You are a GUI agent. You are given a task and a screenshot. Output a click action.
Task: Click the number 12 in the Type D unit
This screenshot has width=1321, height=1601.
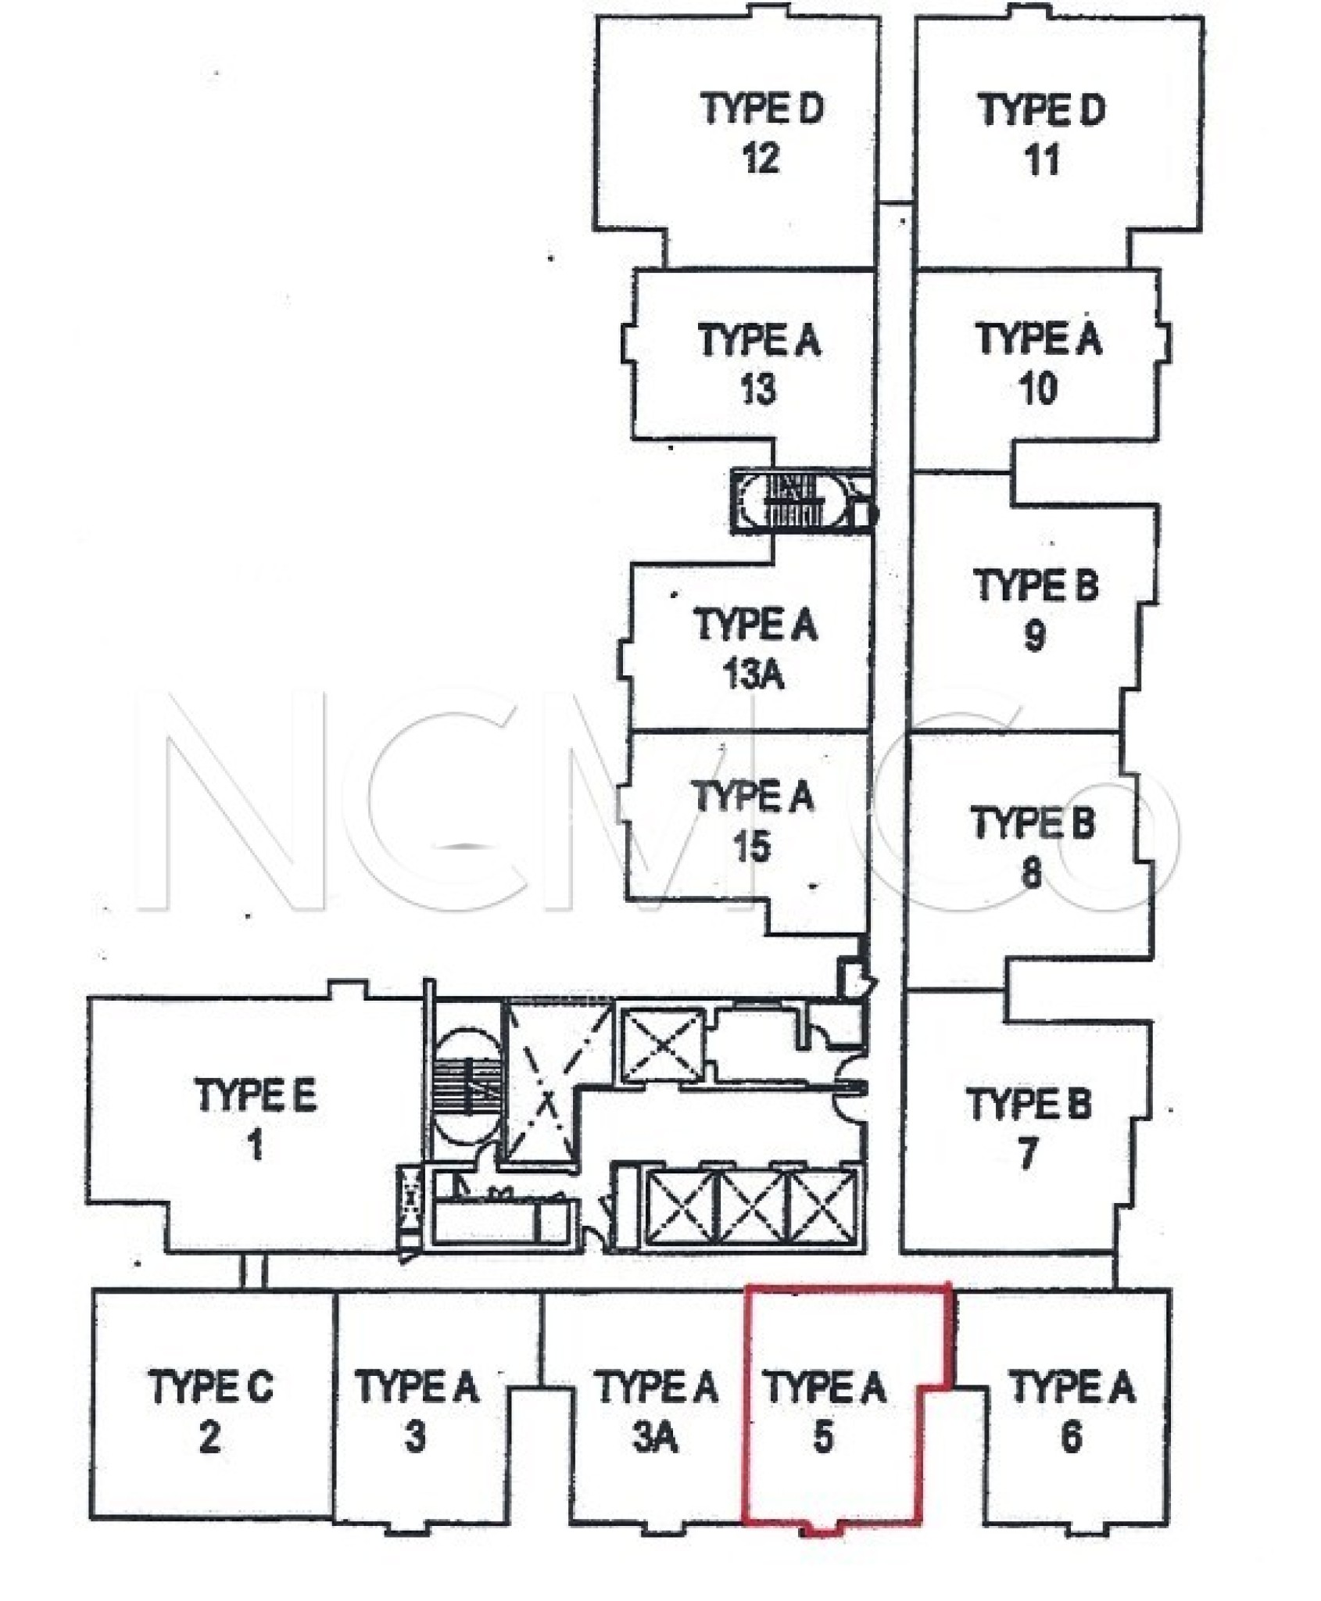click(x=761, y=159)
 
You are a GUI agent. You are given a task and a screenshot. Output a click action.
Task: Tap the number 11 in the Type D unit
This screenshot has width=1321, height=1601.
click(x=1041, y=159)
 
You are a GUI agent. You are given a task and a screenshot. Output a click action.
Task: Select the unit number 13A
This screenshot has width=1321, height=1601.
click(x=753, y=675)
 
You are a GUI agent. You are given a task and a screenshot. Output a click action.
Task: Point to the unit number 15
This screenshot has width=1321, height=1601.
click(x=751, y=847)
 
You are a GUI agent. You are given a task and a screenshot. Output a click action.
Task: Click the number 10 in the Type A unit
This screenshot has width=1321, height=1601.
click(x=1038, y=389)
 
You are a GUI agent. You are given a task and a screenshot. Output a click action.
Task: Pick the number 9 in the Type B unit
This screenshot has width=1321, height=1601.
click(x=1034, y=636)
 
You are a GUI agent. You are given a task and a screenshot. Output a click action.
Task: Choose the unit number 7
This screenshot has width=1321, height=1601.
click(x=1028, y=1155)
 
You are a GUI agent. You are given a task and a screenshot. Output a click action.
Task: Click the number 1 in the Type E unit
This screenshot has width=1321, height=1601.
click(x=255, y=1147)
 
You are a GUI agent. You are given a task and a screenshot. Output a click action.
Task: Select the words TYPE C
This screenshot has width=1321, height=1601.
click(x=211, y=1386)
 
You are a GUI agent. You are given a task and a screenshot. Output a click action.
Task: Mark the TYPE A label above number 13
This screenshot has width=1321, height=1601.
click(x=759, y=341)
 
